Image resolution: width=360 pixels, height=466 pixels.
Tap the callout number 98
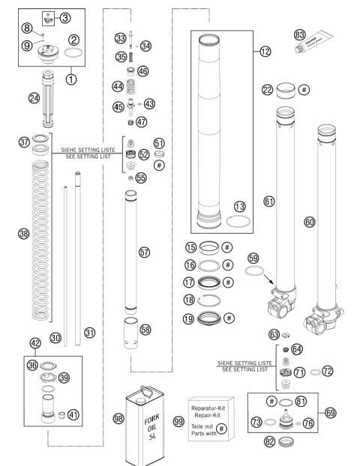click(118, 419)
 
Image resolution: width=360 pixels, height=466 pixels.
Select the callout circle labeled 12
click(265, 52)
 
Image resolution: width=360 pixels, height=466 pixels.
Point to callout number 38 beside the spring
click(23, 234)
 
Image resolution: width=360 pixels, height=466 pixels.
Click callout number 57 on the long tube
click(145, 252)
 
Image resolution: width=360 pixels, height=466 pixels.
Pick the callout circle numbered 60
click(309, 223)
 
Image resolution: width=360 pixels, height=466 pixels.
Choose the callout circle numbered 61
click(268, 202)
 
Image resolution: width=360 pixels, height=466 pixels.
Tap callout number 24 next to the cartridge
click(33, 97)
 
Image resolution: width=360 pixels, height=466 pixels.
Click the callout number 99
click(178, 422)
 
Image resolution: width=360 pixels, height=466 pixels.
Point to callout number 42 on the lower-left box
click(35, 343)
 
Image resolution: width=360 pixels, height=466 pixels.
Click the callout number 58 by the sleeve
click(145, 330)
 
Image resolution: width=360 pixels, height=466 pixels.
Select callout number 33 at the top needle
click(120, 38)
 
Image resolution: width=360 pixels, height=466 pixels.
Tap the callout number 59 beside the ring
click(253, 258)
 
